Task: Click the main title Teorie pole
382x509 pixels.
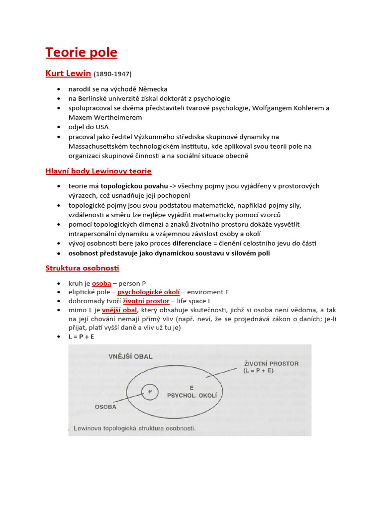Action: pyautogui.click(x=81, y=52)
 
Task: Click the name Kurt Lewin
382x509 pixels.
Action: pyautogui.click(x=68, y=74)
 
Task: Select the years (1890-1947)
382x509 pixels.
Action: pyautogui.click(x=112, y=74)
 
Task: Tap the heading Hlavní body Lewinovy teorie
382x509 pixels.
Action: pyautogui.click(x=98, y=171)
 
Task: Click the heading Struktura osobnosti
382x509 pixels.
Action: pyautogui.click(x=83, y=268)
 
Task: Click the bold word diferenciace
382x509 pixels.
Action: pyautogui.click(x=191, y=244)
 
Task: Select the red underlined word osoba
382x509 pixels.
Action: pyautogui.click(x=101, y=283)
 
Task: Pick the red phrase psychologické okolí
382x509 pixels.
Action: pyautogui.click(x=148, y=292)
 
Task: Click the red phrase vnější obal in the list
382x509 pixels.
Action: pyautogui.click(x=119, y=310)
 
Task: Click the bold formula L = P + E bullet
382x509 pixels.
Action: pyautogui.click(x=82, y=337)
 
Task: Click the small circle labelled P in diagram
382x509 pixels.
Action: pyautogui.click(x=149, y=392)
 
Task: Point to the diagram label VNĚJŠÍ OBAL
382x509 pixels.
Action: pyautogui.click(x=130, y=356)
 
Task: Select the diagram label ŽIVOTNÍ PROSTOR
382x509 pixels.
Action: pyautogui.click(x=271, y=363)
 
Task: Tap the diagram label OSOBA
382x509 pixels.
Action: pyautogui.click(x=105, y=406)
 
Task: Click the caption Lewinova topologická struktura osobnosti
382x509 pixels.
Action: pyautogui.click(x=134, y=427)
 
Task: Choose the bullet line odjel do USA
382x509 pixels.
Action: pyautogui.click(x=89, y=127)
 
